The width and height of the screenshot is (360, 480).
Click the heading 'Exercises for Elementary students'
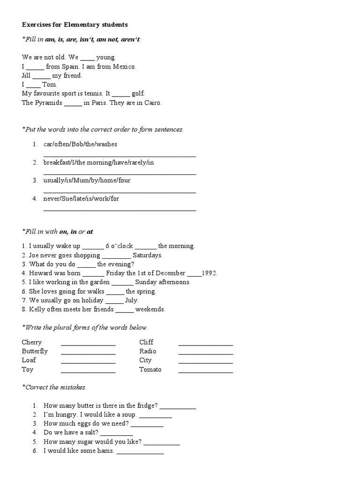pos(75,24)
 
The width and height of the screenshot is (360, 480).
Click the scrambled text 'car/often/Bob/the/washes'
pos(80,144)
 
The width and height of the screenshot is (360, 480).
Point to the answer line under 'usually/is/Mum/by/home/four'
pos(120,192)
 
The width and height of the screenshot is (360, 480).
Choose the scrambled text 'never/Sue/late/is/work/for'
pos(81,198)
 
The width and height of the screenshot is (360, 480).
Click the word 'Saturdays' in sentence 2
pos(147,255)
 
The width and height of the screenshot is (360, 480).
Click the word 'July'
pos(132,300)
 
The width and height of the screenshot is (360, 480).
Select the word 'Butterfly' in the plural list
pos(35,351)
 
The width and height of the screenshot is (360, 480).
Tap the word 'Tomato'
pos(150,369)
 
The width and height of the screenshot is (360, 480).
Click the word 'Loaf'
pos(29,360)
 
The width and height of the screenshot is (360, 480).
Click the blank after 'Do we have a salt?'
pos(116,435)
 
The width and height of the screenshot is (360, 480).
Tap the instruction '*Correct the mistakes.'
pos(54,387)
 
